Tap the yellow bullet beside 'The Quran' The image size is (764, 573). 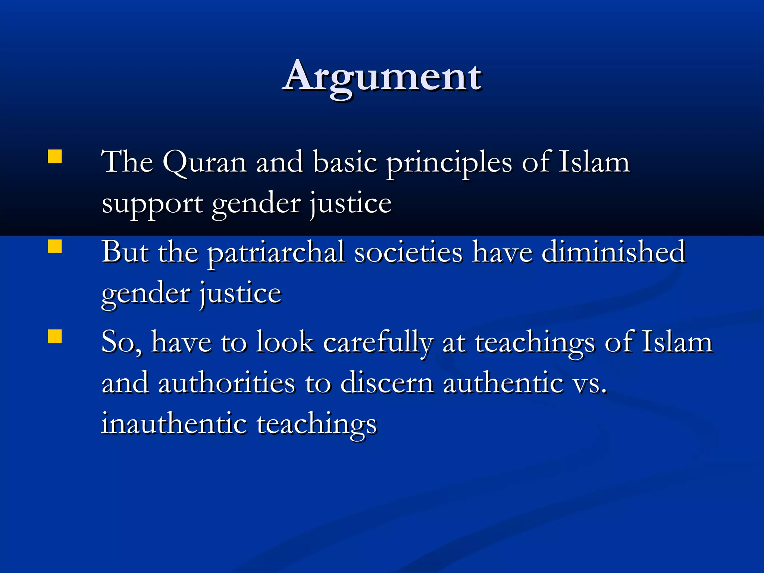pos(55,157)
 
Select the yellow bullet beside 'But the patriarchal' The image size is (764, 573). pos(55,246)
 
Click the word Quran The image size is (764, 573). pos(204,163)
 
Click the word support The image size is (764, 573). pos(152,204)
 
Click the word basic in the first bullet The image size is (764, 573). pos(345,163)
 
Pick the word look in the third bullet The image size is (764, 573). pos(284,342)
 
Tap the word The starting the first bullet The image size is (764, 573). pos(128,163)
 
